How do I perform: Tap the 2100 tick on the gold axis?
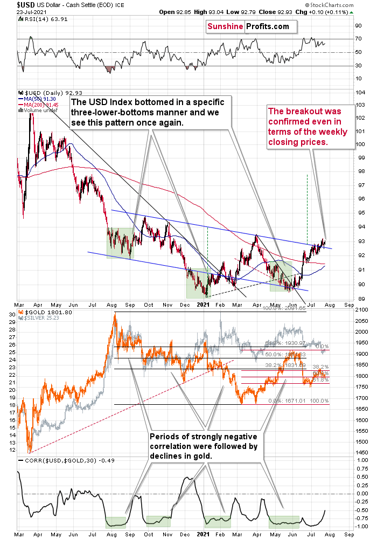[362, 308]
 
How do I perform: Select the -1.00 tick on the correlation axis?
[362, 526]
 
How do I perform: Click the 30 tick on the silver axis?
[11, 313]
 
